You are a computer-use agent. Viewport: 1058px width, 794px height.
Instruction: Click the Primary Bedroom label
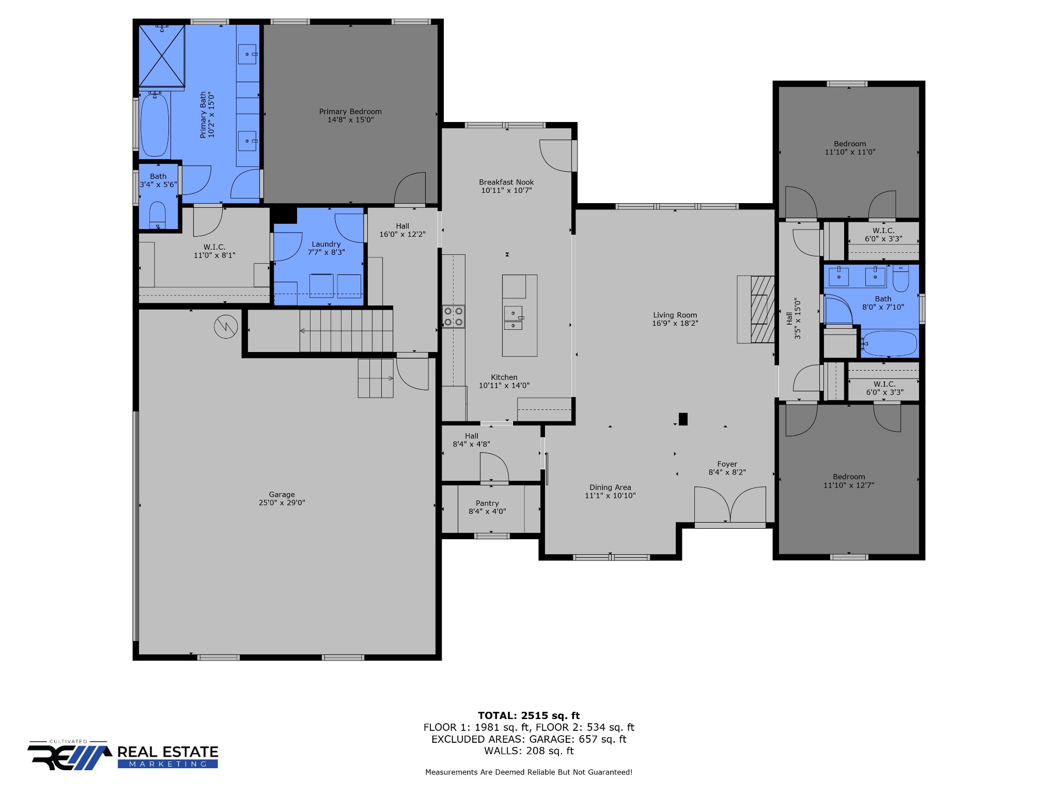350,112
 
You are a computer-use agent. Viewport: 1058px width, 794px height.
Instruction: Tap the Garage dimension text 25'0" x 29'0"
282,502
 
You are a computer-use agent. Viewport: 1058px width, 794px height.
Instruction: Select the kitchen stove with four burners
453,316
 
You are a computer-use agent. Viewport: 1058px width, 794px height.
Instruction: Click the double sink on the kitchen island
514,317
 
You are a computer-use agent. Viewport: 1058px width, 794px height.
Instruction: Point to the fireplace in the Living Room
756,309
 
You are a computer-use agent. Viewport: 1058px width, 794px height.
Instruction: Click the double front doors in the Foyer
730,506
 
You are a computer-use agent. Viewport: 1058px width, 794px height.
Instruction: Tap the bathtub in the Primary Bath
154,125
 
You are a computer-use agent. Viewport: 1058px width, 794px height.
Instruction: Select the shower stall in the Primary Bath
162,56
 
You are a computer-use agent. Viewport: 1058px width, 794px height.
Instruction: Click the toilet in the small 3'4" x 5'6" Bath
158,215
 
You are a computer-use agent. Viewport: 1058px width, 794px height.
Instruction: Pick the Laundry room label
326,244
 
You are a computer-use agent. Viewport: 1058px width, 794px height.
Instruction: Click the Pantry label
487,503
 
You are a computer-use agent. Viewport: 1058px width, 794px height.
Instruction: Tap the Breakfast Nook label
506,182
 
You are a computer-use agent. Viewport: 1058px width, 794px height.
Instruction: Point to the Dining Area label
610,487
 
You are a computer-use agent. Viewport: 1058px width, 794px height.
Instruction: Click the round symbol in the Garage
226,327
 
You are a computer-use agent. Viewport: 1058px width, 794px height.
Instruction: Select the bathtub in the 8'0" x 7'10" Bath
890,343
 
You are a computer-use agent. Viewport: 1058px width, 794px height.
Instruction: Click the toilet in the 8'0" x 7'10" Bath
900,278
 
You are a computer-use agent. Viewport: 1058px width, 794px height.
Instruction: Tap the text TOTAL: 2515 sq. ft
529,715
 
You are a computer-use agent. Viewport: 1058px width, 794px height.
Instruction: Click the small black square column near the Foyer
683,419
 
